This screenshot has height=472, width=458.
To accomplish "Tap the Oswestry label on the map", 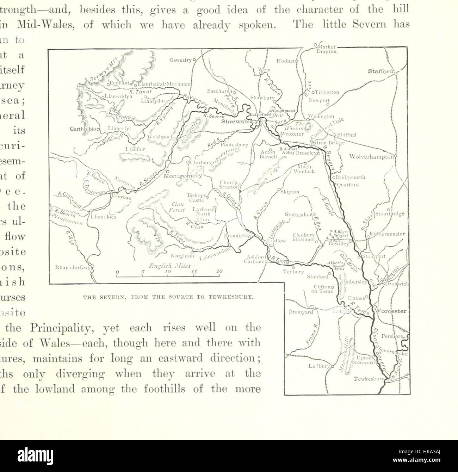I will pos(180,60).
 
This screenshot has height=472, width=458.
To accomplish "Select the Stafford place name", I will pos(380,72).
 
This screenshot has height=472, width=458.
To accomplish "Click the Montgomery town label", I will pos(183,175).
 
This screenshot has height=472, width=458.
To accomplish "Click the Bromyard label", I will pos(301,312).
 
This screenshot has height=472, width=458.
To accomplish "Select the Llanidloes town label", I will pos(102,217).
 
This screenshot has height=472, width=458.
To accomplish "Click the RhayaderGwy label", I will pos(73,267).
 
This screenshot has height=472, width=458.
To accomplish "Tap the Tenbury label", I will pos(293,272).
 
